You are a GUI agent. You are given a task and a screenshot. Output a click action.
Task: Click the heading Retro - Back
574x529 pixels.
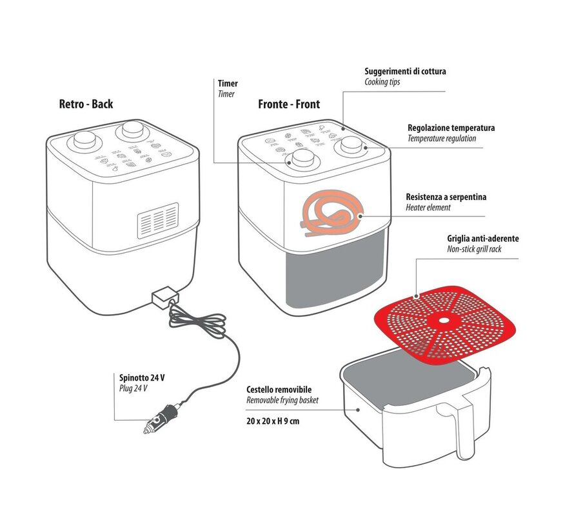pyautogui.click(x=86, y=104)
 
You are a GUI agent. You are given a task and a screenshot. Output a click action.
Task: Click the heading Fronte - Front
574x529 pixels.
pyautogui.click(x=289, y=104)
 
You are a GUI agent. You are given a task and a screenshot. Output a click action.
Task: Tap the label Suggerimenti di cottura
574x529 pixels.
pyautogui.click(x=405, y=72)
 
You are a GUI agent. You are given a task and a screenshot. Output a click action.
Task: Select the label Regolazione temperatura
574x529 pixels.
pyautogui.click(x=451, y=128)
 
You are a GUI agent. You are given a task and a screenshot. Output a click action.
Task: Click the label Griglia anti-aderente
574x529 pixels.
pyautogui.click(x=482, y=238)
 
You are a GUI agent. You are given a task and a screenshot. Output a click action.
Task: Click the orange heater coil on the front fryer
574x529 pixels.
pyautogui.click(x=330, y=217)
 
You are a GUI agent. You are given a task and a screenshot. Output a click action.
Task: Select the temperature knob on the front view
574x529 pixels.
pyautogui.click(x=351, y=145)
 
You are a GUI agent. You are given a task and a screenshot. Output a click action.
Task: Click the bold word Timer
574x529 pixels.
pyautogui.click(x=228, y=83)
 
